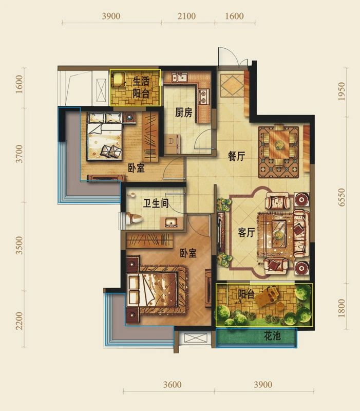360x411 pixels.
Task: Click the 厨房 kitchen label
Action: [x=184, y=113]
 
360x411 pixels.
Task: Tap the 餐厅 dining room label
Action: [x=236, y=157]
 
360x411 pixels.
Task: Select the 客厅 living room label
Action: [x=247, y=233]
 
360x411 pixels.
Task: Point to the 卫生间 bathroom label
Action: [x=156, y=203]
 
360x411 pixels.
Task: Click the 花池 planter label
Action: [x=273, y=336]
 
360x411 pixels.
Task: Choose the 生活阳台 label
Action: [x=141, y=87]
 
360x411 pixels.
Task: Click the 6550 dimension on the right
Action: [x=342, y=197]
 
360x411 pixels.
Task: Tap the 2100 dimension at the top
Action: [x=186, y=16]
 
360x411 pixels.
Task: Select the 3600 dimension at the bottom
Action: [x=172, y=385]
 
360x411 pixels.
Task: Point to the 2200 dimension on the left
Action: [x=20, y=321]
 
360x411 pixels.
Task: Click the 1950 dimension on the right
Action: [x=342, y=91]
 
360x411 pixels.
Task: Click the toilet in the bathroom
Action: [x=134, y=219]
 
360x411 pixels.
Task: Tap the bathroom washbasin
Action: [x=171, y=222]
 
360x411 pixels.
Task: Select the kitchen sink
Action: [x=179, y=78]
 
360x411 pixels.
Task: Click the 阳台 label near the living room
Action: [x=247, y=294]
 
